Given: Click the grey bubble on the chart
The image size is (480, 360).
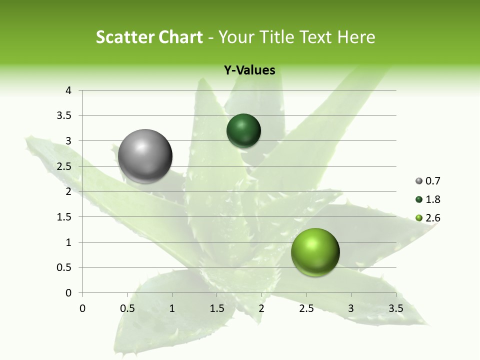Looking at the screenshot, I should tap(145, 156).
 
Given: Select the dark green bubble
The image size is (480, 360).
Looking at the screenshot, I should tap(243, 131).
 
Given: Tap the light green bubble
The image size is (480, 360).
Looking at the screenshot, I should tap(315, 252).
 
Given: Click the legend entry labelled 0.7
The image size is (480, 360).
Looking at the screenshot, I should tap(428, 180).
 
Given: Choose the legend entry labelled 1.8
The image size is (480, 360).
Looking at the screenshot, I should tap(428, 199).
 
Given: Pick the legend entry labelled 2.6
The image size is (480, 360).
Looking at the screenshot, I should tap(428, 218).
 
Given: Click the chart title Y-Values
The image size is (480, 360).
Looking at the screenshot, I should tap(249, 70).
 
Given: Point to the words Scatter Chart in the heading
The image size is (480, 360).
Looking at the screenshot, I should tap(149, 37).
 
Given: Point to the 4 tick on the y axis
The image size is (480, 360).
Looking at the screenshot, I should tap(68, 90).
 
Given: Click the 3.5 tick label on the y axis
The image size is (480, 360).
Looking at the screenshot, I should tap(64, 116).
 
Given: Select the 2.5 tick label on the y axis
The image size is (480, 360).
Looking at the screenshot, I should tap(64, 166).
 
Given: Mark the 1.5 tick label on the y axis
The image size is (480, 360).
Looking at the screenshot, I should tap(64, 217).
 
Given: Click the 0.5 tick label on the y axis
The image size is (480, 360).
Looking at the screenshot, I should tap(64, 267).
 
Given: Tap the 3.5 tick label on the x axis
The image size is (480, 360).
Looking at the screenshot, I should tap(395, 308).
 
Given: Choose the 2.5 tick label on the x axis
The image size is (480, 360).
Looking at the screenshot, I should tap(306, 308).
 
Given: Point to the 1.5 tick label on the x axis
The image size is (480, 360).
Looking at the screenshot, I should tap(216, 308).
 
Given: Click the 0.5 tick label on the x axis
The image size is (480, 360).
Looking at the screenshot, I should tap(127, 308).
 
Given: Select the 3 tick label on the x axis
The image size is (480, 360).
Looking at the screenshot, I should tap(351, 308).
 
